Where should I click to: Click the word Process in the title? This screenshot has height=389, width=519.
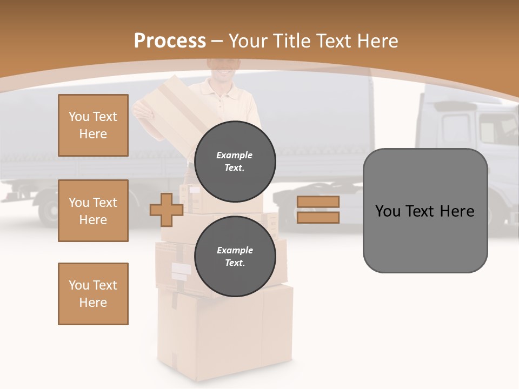[x=170, y=41]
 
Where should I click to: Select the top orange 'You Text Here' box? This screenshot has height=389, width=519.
[x=93, y=125]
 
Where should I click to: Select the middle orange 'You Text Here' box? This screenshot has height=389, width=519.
[x=93, y=211]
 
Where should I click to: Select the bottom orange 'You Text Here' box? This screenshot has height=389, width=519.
[x=93, y=294]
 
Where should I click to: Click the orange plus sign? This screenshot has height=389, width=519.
[x=167, y=210]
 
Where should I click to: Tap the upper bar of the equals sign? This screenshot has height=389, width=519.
[x=318, y=202]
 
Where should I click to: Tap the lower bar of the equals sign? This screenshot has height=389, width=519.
[x=318, y=217]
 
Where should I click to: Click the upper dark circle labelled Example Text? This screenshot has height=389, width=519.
[x=235, y=161]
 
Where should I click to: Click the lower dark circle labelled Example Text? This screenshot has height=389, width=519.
[x=235, y=256]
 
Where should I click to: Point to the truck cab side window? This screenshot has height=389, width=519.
[x=457, y=130]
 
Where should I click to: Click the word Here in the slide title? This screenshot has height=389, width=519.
[x=377, y=41]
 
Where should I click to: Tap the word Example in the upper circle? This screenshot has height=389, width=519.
[x=235, y=155]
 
